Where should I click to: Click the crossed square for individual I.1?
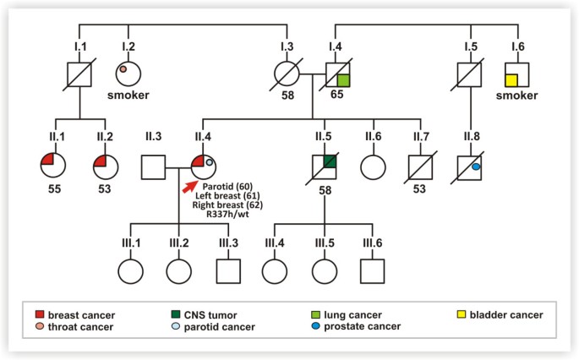click(79, 75)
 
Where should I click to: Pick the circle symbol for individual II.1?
click(53, 164)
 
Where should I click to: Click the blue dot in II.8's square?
click(476, 168)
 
